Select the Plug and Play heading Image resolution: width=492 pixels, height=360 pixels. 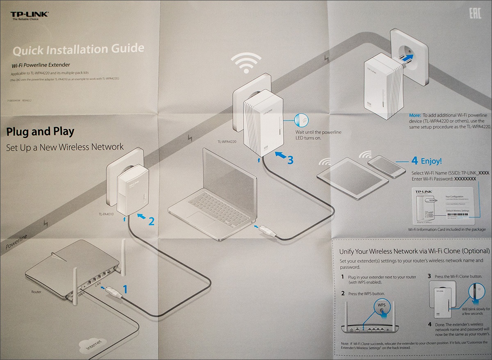(x=40, y=132)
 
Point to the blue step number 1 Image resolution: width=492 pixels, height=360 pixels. (x=125, y=289)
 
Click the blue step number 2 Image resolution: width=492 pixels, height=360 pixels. (x=151, y=221)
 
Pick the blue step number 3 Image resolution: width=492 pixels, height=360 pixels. (x=290, y=160)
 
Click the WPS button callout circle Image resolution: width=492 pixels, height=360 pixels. (x=382, y=308)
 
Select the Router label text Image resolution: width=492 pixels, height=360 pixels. (x=36, y=292)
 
